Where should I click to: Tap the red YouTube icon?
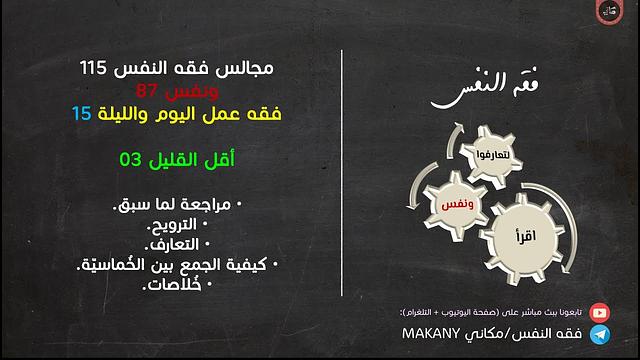coord(599,311)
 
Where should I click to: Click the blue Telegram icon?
coord(599,332)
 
